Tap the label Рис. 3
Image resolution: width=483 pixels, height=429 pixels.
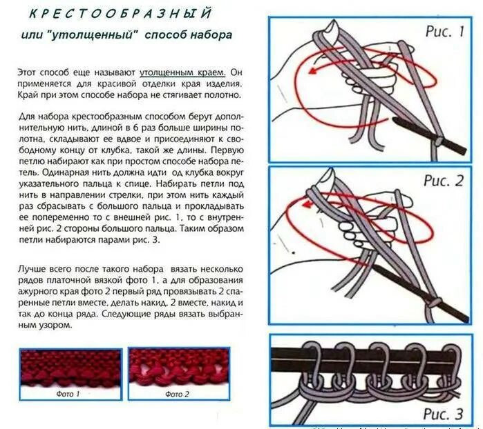click(x=444, y=414)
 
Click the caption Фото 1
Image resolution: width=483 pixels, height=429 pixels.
click(x=68, y=394)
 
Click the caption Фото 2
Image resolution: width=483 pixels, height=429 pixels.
click(x=178, y=394)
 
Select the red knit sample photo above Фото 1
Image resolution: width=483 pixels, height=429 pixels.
click(x=70, y=368)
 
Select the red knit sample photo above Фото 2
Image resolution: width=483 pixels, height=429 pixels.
click(x=178, y=368)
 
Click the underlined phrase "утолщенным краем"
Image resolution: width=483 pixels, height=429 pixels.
click(x=183, y=72)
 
